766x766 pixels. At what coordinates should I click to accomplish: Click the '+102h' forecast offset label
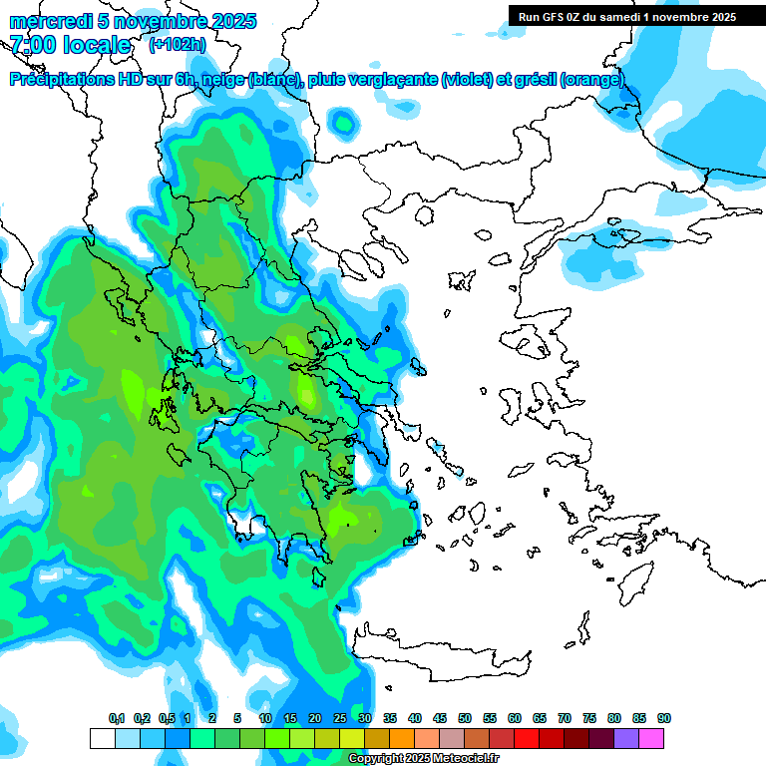[178, 44]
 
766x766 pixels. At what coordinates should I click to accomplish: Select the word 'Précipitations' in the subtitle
[61, 80]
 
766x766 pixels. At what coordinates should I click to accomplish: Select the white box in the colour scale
[102, 738]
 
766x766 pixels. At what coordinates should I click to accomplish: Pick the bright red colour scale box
[527, 738]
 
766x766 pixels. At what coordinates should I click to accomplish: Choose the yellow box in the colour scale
[351, 738]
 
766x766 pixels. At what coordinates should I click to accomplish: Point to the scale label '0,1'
[117, 719]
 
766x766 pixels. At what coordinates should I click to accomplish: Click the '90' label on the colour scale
[664, 719]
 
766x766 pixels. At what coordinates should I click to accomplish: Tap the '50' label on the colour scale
[465, 719]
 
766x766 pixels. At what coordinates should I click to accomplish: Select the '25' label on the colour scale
[340, 719]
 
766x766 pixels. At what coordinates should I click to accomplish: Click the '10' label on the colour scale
[265, 719]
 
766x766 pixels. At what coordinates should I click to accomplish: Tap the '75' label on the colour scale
[589, 719]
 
